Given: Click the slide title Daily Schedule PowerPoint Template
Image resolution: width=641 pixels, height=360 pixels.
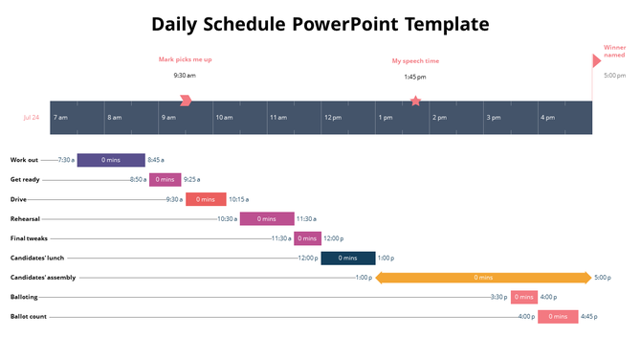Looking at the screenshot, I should click(320, 24).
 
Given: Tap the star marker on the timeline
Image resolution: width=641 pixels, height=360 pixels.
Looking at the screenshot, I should click(415, 101).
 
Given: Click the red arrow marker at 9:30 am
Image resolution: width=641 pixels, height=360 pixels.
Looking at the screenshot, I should click(186, 101).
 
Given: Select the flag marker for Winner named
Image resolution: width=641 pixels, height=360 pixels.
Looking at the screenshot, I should click(597, 60).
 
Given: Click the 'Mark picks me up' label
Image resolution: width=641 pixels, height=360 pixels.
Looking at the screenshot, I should click(185, 59).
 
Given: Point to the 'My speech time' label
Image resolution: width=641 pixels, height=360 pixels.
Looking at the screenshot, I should click(414, 61).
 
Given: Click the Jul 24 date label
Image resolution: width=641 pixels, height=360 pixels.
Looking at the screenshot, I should click(32, 118).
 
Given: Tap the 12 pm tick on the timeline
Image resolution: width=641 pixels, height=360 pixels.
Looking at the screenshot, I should click(333, 118).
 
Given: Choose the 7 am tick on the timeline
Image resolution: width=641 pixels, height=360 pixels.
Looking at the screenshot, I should click(60, 118).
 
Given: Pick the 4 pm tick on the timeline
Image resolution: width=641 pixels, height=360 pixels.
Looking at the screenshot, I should click(548, 118).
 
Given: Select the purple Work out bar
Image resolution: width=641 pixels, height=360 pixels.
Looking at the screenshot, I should click(111, 160).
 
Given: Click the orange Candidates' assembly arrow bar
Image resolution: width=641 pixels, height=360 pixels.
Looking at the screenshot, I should click(483, 278).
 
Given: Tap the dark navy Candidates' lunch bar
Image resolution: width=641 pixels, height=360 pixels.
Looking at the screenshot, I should click(347, 258).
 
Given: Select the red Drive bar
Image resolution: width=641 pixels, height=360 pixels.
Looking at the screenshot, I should click(206, 199).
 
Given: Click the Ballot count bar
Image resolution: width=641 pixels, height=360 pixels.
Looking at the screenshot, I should click(558, 317).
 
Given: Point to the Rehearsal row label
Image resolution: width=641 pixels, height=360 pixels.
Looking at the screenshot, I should click(25, 219).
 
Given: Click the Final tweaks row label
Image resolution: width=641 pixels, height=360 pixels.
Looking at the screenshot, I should click(29, 238).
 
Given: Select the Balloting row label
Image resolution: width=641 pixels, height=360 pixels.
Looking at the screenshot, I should click(24, 297).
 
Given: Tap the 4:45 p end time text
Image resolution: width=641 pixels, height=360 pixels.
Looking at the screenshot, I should click(589, 317).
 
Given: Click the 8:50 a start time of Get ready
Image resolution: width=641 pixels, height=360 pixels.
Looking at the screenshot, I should click(139, 179).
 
